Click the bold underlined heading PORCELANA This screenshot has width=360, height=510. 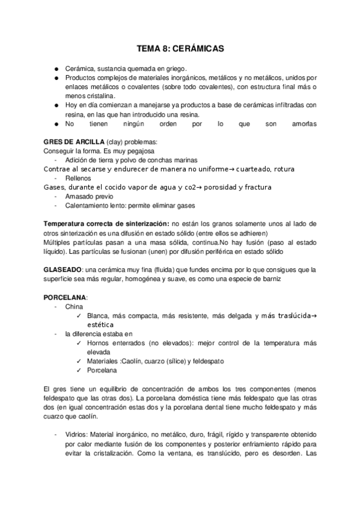pos(65,297)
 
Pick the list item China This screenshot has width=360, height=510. pos(73,306)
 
